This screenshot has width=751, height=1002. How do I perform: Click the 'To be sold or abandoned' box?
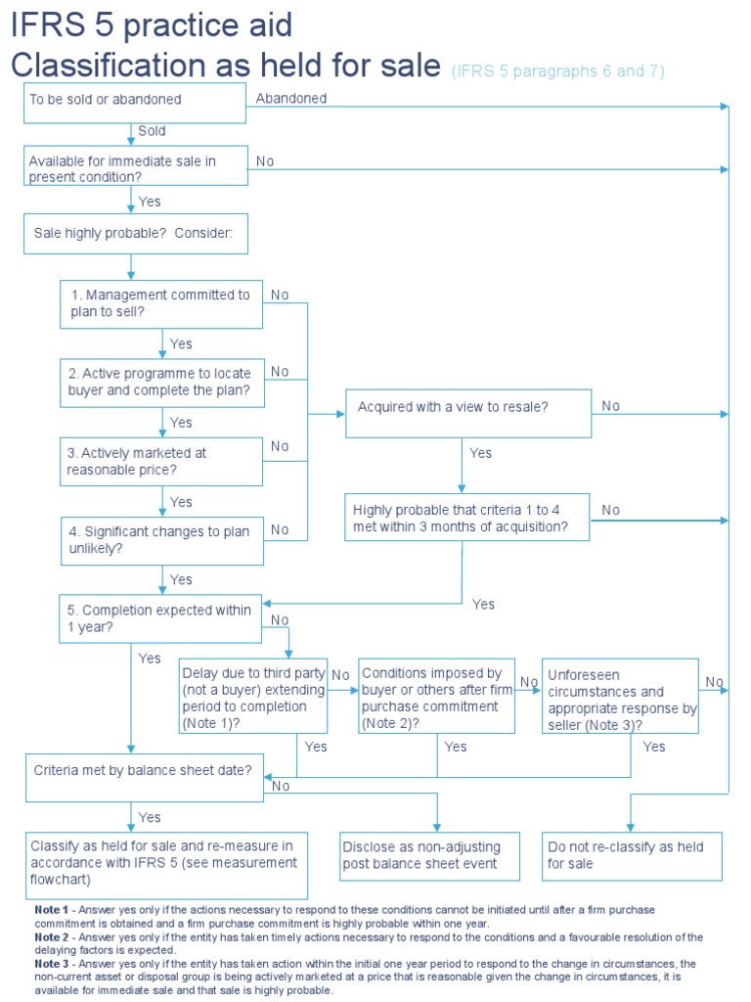point(134,102)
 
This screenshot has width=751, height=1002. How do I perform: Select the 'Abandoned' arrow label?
point(291,98)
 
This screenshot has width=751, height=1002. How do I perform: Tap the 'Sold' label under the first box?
point(152,131)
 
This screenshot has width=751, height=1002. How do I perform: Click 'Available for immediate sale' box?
point(135,165)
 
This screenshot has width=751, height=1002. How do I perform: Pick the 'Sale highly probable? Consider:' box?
point(135,234)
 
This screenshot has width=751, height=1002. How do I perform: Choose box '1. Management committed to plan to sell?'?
point(161,303)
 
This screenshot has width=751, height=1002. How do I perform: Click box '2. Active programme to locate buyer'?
point(161,382)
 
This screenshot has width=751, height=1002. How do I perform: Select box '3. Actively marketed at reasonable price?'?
point(161,461)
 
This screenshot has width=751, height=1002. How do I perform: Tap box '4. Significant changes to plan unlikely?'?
point(161,540)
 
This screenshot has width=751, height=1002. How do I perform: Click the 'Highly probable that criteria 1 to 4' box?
point(467,518)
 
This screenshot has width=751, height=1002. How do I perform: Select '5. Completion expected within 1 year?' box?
point(161,618)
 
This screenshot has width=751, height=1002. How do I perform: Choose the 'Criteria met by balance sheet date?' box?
point(143,770)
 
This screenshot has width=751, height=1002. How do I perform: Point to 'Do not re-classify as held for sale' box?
point(632,855)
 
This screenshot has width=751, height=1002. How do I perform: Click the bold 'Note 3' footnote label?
point(52,964)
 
